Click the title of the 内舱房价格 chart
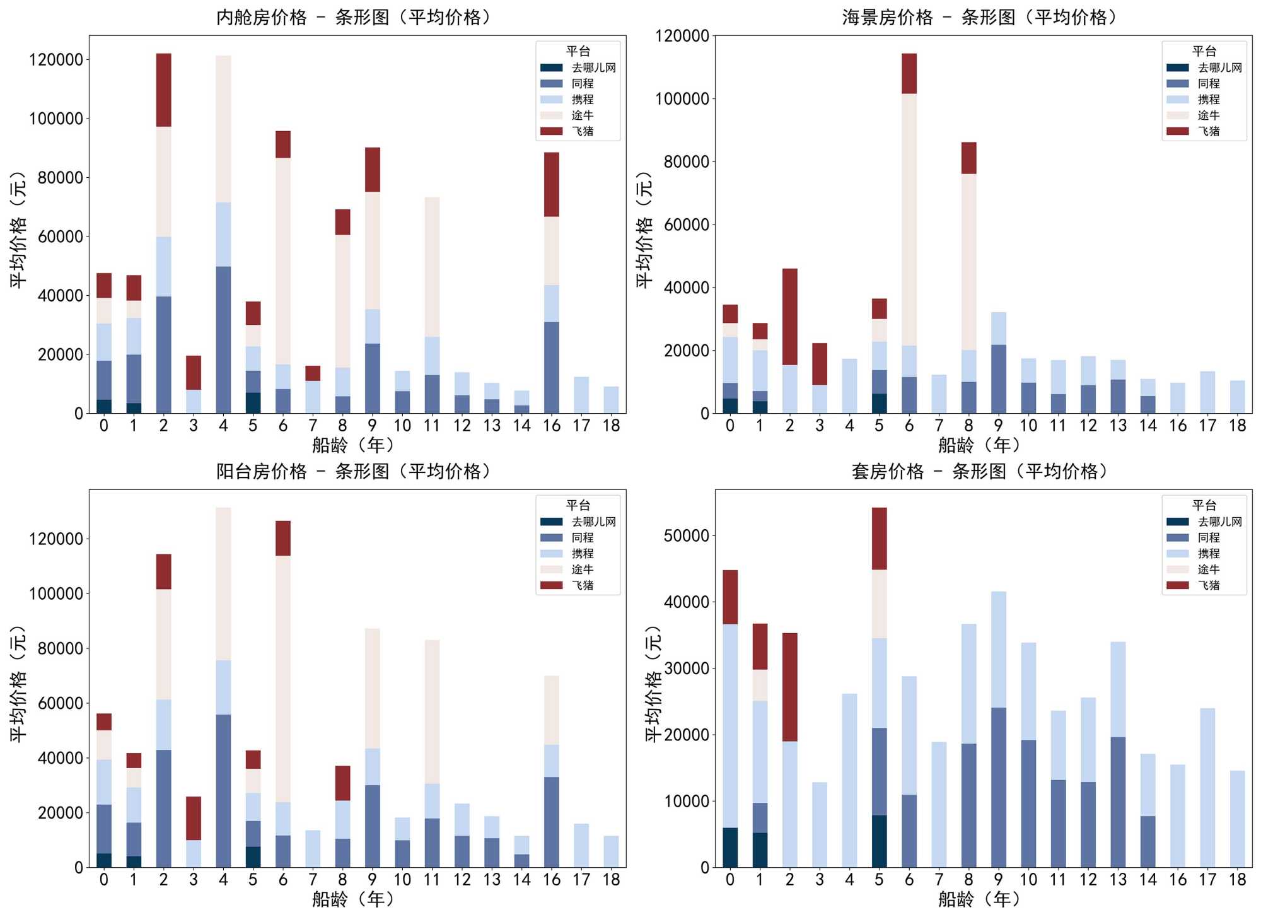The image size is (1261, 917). click(353, 17)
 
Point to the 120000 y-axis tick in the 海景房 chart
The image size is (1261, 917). click(682, 36)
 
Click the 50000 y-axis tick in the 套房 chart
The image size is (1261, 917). click(686, 535)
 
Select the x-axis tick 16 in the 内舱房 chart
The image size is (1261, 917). click(552, 426)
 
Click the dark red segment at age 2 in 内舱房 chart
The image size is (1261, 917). click(164, 90)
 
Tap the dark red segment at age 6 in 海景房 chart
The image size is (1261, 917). click(909, 73)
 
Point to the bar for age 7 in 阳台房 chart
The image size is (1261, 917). click(313, 848)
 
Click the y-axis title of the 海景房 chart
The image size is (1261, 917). click(644, 230)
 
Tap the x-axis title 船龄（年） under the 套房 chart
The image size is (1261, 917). click(979, 899)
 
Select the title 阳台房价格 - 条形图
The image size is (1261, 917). click(353, 471)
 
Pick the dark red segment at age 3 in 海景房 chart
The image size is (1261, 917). click(820, 364)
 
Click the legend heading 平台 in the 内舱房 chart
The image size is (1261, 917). click(578, 51)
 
